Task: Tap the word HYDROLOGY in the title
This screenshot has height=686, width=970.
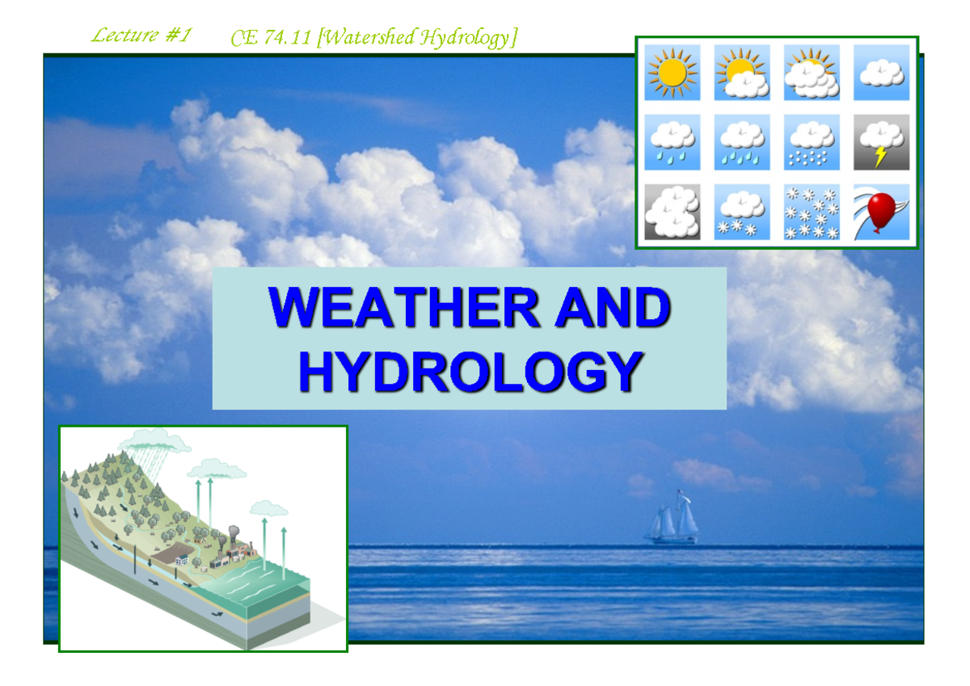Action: pyautogui.click(x=470, y=371)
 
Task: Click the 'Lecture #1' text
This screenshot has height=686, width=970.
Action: pyautogui.click(x=140, y=36)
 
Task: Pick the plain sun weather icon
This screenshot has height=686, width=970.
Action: pyautogui.click(x=673, y=73)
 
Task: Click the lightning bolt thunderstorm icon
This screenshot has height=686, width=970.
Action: pyautogui.click(x=881, y=142)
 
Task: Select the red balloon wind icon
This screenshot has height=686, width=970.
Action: pyautogui.click(x=881, y=212)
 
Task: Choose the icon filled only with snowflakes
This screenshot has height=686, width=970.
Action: pyautogui.click(x=812, y=212)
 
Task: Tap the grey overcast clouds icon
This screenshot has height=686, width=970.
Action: pyautogui.click(x=673, y=212)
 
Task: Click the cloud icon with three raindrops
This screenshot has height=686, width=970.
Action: pyautogui.click(x=673, y=142)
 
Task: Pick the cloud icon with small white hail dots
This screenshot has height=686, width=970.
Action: pyautogui.click(x=812, y=142)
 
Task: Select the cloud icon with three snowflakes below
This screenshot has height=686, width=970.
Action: pyautogui.click(x=742, y=212)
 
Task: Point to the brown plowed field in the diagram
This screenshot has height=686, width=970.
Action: pyautogui.click(x=171, y=557)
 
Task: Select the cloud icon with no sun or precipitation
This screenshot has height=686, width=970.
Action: pyautogui.click(x=881, y=73)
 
